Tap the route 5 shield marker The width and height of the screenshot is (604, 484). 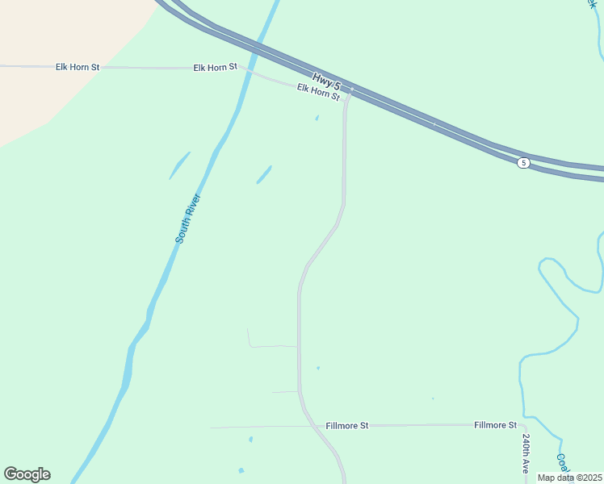pyautogui.click(x=524, y=163)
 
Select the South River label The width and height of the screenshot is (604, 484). pyautogui.click(x=187, y=219)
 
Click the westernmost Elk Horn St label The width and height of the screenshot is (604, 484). pyautogui.click(x=78, y=67)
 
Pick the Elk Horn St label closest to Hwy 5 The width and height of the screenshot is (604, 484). pyautogui.click(x=318, y=91)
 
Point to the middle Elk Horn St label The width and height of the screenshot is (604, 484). pyautogui.click(x=216, y=67)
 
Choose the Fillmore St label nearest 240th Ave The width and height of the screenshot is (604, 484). pyautogui.click(x=495, y=425)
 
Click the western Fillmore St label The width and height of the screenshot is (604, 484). pyautogui.click(x=347, y=425)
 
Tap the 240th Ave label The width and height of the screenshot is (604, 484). pyautogui.click(x=525, y=453)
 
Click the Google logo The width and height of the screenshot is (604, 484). pyautogui.click(x=27, y=474)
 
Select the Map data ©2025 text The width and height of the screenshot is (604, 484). pyautogui.click(x=570, y=478)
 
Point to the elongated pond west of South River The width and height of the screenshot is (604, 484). pyautogui.click(x=179, y=165)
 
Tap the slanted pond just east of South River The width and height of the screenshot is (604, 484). pyautogui.click(x=264, y=174)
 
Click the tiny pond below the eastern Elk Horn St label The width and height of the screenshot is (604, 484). pyautogui.click(x=317, y=119)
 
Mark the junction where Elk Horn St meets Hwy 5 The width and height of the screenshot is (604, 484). pyautogui.click(x=349, y=93)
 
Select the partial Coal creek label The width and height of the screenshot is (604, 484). pyautogui.click(x=564, y=462)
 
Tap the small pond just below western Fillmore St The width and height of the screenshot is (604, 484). pyautogui.click(x=250, y=440)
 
